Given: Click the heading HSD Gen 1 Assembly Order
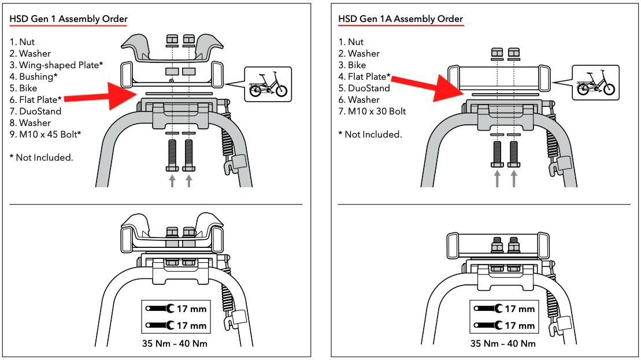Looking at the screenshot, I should point(68,19).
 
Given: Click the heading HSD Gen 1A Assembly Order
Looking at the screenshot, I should point(400,19).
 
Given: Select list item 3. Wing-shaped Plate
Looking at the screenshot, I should point(57,65).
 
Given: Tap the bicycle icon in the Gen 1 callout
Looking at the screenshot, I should point(268,85).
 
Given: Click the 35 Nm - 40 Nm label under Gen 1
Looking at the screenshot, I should point(176,344).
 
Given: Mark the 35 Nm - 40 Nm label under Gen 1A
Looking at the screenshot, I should point(503,344).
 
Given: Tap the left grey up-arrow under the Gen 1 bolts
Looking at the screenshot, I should point(172,181).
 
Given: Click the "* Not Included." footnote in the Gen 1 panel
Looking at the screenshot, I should point(42,158).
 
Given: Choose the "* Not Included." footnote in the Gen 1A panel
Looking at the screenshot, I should point(370,135).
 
